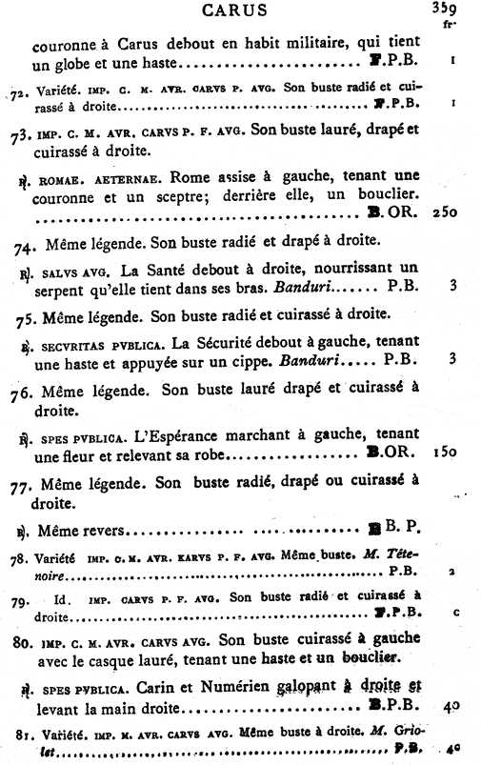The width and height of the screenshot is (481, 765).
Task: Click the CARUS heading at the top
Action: [241, 10]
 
